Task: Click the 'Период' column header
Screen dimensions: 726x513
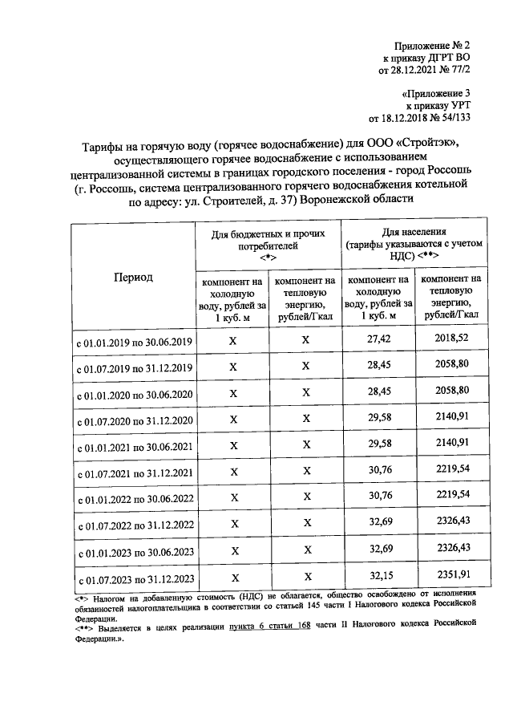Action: (132, 278)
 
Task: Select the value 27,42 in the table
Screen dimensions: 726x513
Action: (378, 340)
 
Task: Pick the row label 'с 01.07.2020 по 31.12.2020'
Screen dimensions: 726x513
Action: (134, 420)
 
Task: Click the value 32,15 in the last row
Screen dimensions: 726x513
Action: (378, 575)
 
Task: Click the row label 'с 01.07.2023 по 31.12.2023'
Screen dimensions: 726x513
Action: (134, 578)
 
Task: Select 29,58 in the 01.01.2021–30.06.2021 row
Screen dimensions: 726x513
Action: (378, 444)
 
